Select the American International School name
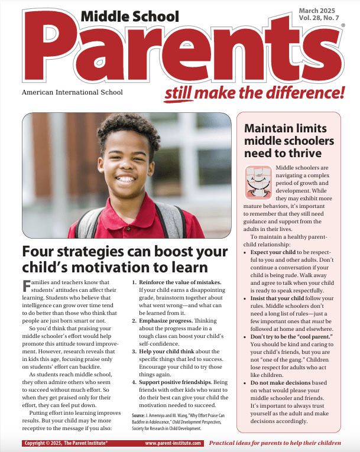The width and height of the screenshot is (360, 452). [x=72, y=92]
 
